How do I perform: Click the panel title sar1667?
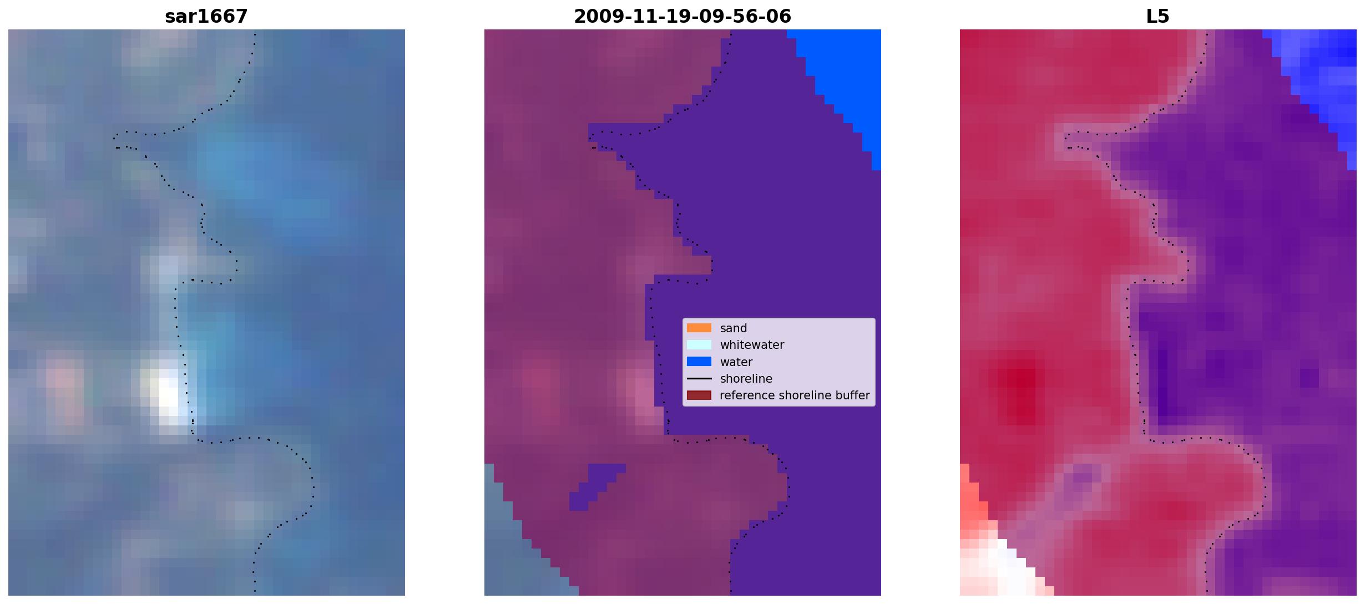(x=206, y=17)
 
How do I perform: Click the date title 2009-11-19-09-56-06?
(x=683, y=17)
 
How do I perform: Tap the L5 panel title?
(x=1158, y=17)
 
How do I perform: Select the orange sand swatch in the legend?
(x=699, y=328)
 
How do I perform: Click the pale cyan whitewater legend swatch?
(x=699, y=344)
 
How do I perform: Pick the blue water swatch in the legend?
(x=699, y=362)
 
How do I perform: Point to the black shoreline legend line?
(x=699, y=378)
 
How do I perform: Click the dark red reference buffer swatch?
(x=699, y=395)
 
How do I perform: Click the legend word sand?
(x=734, y=328)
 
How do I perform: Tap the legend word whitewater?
(x=752, y=345)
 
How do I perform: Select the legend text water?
(x=736, y=362)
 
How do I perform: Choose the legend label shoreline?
(x=746, y=379)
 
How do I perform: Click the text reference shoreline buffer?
(x=795, y=395)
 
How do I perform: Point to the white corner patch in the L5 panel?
(x=993, y=569)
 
